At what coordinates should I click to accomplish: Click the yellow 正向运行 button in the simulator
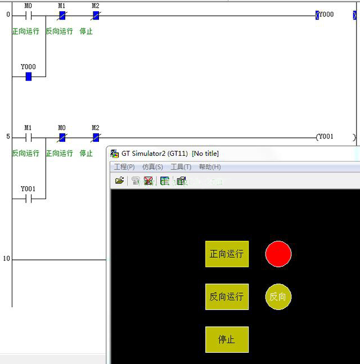pyautogui.click(x=227, y=254)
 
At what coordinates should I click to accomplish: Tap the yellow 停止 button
pyautogui.click(x=227, y=339)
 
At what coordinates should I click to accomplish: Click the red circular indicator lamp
pyautogui.click(x=278, y=254)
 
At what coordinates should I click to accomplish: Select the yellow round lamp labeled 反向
pyautogui.click(x=278, y=297)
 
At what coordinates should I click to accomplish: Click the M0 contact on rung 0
pyautogui.click(x=28, y=15)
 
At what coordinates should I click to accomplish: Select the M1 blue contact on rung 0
pyautogui.click(x=62, y=15)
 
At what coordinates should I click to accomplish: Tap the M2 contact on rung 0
pyautogui.click(x=96, y=15)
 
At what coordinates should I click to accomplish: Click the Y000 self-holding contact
pyautogui.click(x=28, y=76)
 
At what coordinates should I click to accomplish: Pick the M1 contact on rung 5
pyautogui.click(x=28, y=137)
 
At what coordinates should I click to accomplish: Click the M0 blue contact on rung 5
pyautogui.click(x=62, y=137)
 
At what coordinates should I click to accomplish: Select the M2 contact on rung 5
pyautogui.click(x=96, y=137)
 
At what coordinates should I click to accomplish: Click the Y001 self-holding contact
pyautogui.click(x=28, y=198)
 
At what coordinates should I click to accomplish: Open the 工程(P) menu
pyautogui.click(x=124, y=167)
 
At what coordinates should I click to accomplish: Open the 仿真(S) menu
pyautogui.click(x=152, y=167)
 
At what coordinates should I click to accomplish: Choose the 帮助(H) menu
pyautogui.click(x=209, y=167)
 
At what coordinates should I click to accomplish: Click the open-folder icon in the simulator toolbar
pyautogui.click(x=119, y=181)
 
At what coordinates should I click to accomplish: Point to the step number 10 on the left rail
pyautogui.click(x=7, y=259)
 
